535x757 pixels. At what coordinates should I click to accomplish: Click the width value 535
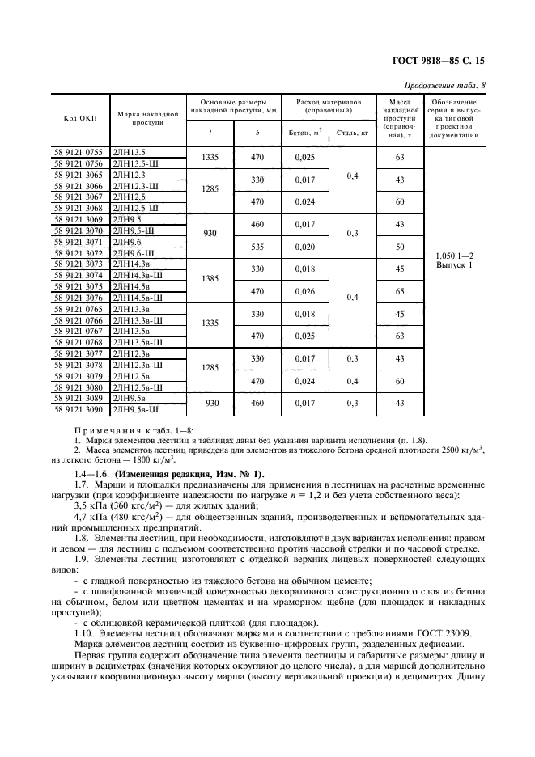(x=258, y=245)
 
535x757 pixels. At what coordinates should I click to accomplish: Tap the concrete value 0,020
(x=305, y=245)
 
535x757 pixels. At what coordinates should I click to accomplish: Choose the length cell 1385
(x=210, y=279)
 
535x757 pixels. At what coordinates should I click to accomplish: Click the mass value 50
(x=400, y=245)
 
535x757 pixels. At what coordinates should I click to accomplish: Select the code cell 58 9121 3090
(x=79, y=410)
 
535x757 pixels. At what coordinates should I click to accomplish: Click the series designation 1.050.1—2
(x=453, y=255)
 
